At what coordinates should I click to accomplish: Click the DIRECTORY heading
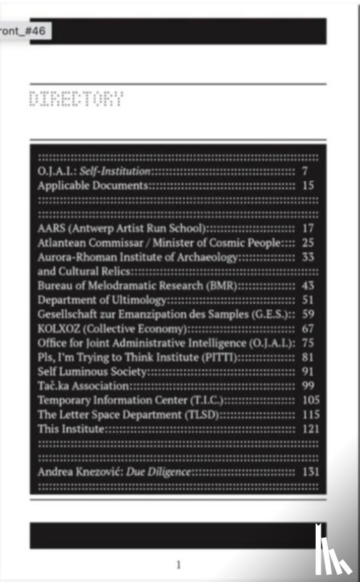[76, 100]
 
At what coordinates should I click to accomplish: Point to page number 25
[307, 242]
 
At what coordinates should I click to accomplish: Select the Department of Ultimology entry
[103, 300]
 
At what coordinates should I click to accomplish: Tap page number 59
[307, 314]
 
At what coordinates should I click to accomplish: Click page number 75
[307, 343]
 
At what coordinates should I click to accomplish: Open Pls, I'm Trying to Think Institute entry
[137, 356]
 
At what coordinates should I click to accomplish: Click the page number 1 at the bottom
[178, 565]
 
